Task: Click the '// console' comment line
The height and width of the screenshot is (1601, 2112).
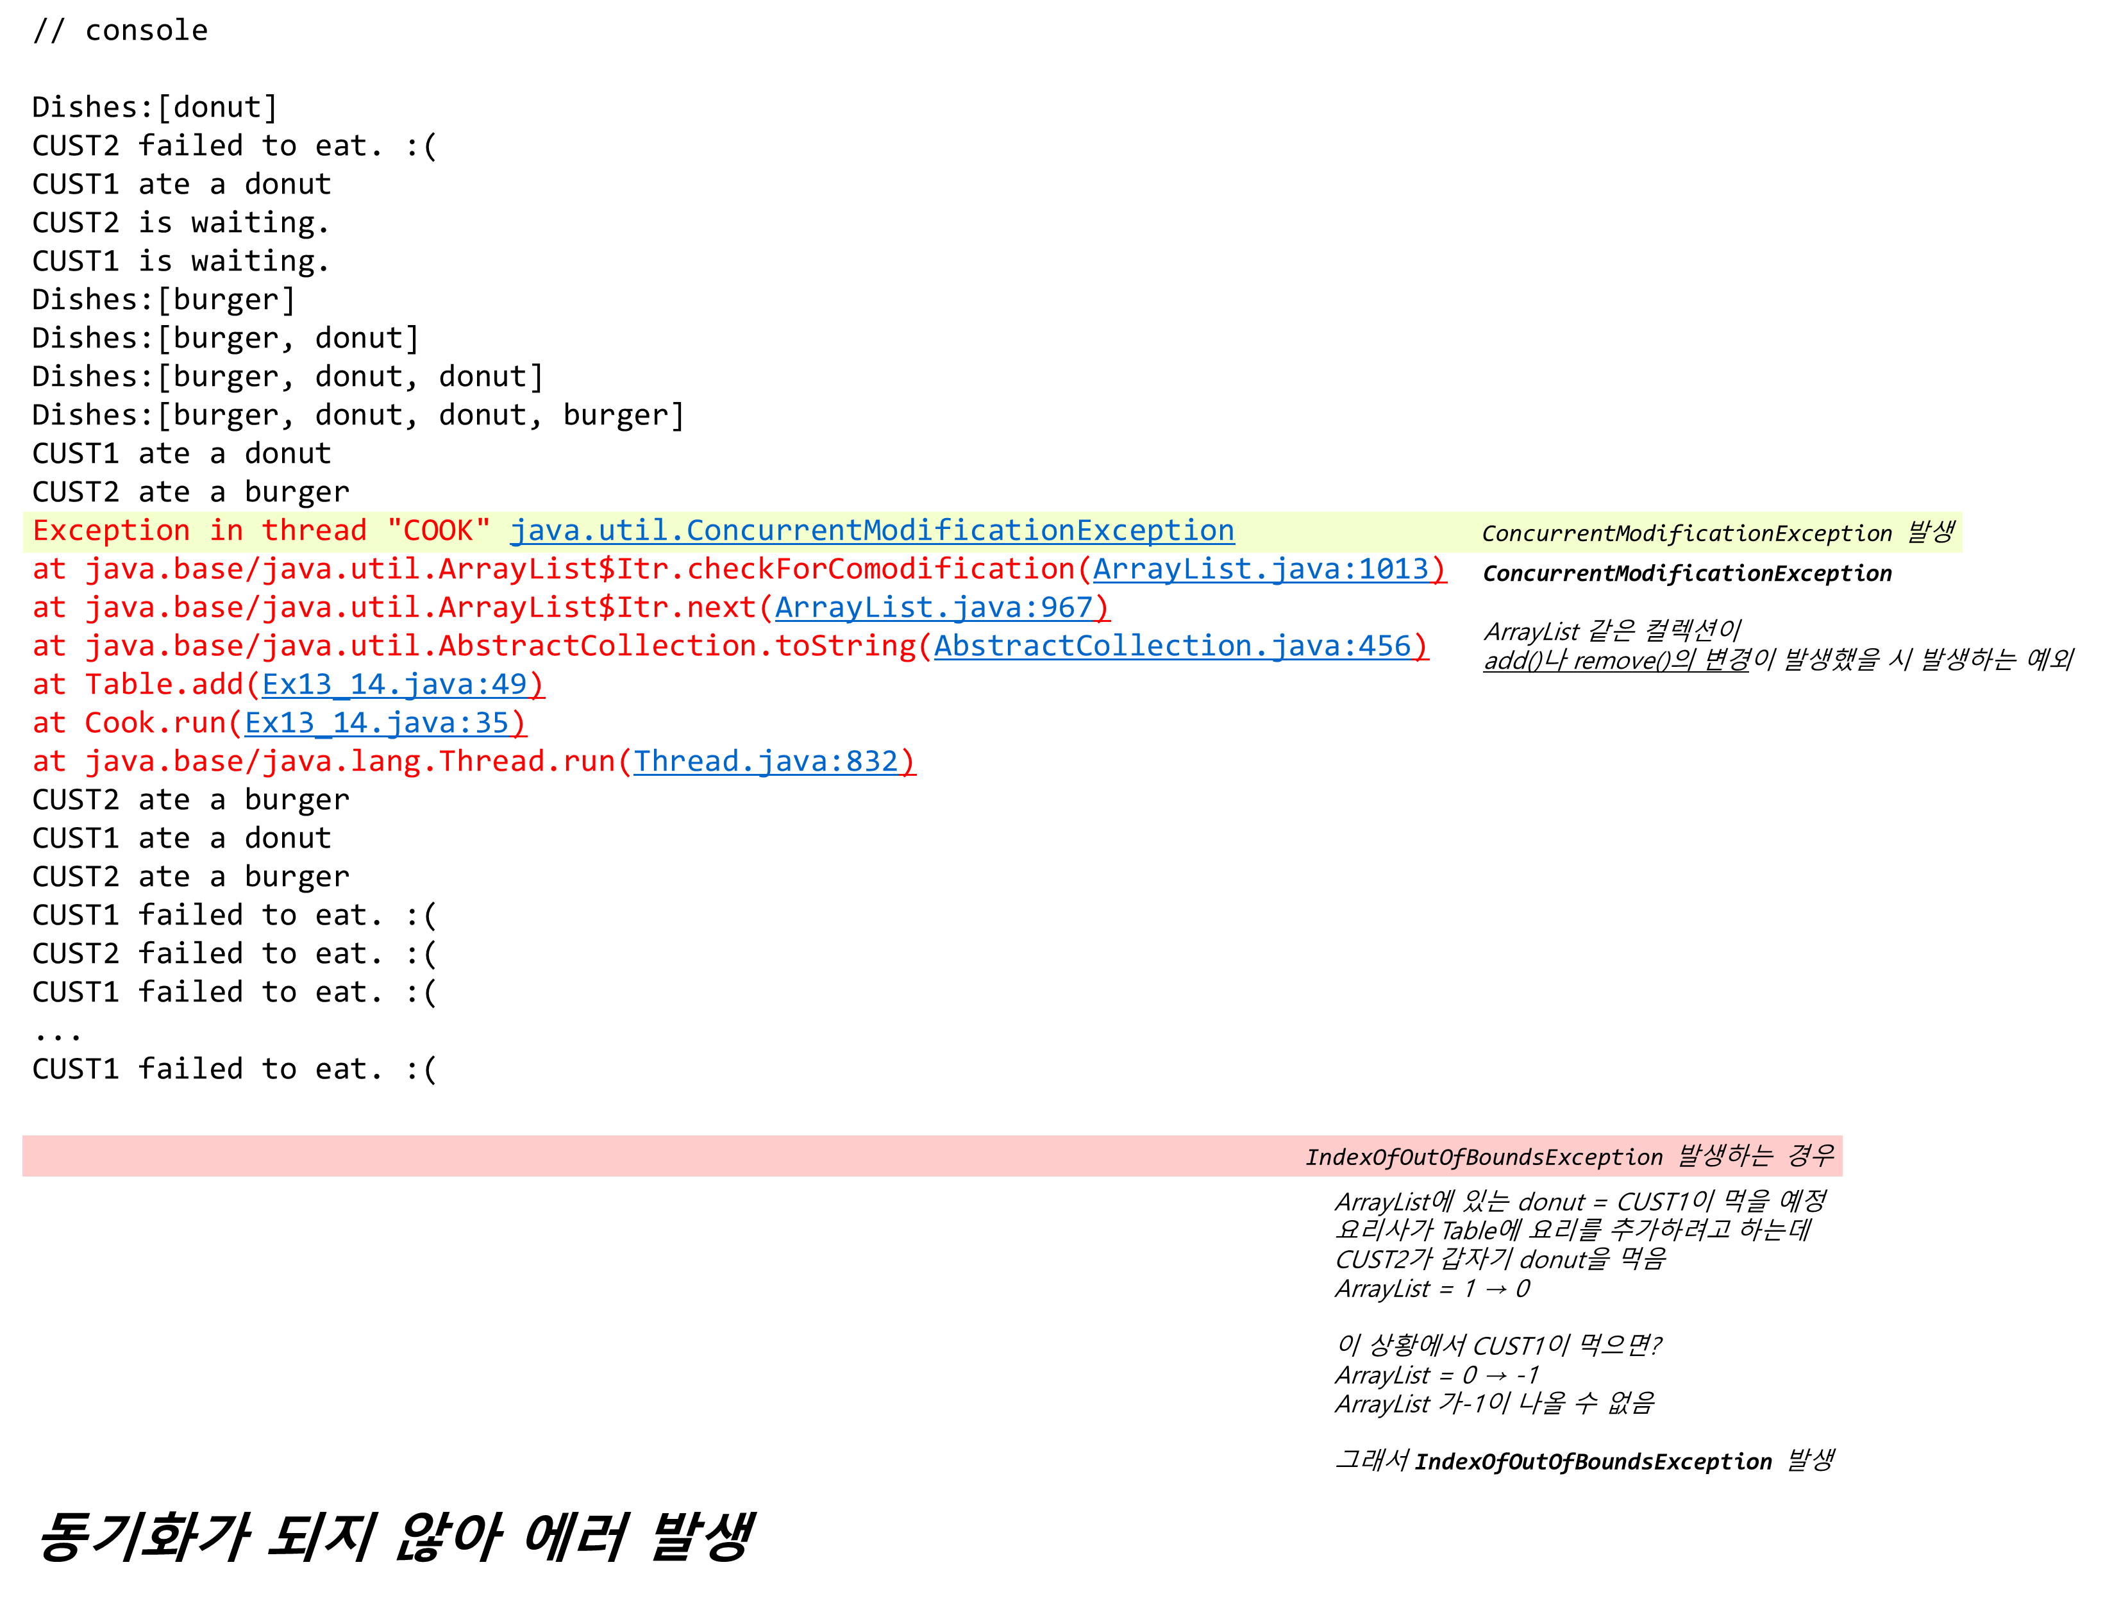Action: [x=121, y=31]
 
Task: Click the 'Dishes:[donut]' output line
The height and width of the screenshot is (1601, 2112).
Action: [x=155, y=107]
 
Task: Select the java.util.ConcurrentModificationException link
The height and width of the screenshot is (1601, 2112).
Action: [x=872, y=531]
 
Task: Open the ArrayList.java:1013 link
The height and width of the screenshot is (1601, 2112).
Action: [x=1261, y=569]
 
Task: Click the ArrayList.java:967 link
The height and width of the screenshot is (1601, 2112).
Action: [x=934, y=607]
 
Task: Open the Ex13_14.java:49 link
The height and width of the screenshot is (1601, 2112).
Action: [x=394, y=685]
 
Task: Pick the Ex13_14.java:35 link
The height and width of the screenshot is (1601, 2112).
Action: [x=377, y=723]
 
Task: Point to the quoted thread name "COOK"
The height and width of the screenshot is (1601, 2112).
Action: [x=439, y=531]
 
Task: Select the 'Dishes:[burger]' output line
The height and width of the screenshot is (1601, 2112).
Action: [x=164, y=300]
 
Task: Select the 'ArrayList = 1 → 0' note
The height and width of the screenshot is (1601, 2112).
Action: [x=1432, y=1289]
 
